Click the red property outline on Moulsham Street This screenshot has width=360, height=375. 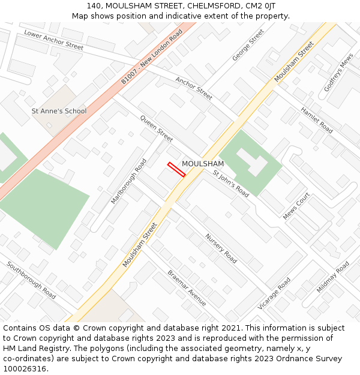(176, 169)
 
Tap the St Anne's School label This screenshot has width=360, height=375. (59, 111)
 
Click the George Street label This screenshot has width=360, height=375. (248, 45)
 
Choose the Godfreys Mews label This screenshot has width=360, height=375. (338, 73)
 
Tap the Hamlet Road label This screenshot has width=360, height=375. (316, 120)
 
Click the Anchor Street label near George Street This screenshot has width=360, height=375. (194, 88)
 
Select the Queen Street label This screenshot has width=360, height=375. (156, 128)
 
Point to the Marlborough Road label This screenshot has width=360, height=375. (128, 181)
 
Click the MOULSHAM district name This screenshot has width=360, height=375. (203, 164)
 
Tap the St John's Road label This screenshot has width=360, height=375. (231, 183)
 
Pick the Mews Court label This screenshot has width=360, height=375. (296, 206)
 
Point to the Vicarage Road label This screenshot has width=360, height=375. (274, 293)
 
